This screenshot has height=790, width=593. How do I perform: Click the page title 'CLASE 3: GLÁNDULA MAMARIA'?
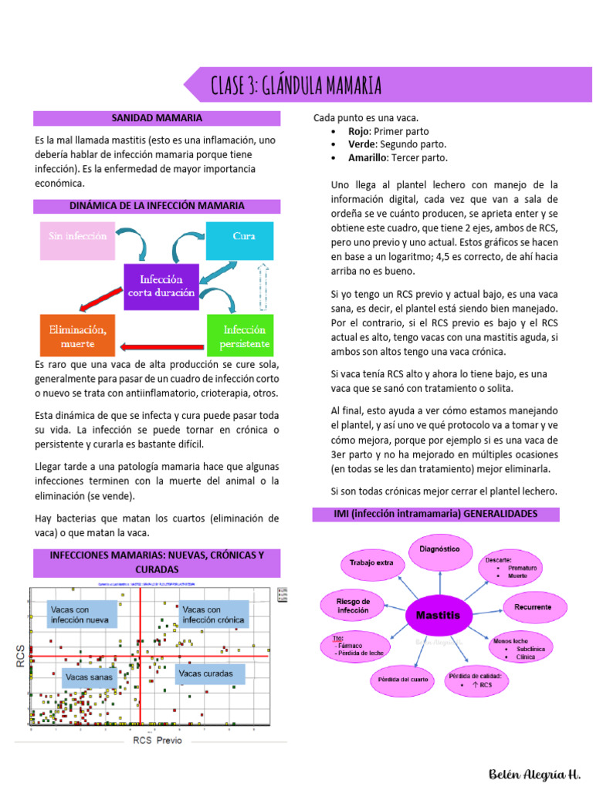pos(296,86)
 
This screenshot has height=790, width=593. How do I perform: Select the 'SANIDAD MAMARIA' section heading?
pos(157,119)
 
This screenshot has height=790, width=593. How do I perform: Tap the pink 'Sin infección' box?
pos(77,236)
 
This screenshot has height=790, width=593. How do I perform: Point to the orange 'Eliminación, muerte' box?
pos(77,335)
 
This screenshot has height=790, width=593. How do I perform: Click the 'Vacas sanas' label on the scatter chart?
pos(89,678)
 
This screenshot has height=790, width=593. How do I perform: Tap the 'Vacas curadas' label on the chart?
pos(206,674)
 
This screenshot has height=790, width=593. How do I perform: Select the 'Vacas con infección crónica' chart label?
pos(214,614)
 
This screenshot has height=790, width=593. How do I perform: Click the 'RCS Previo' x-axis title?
pos(158,740)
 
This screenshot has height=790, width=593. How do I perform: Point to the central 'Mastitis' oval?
pos(439,616)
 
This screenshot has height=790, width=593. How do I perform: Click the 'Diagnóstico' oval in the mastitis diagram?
pos(445,549)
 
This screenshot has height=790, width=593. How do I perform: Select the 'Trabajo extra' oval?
pos(371,563)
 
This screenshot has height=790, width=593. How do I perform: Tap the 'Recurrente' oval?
pos(533,607)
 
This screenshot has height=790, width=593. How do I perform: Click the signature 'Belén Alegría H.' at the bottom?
pos(534,772)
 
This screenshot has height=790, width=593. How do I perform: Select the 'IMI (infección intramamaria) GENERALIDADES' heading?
pos(435,514)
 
